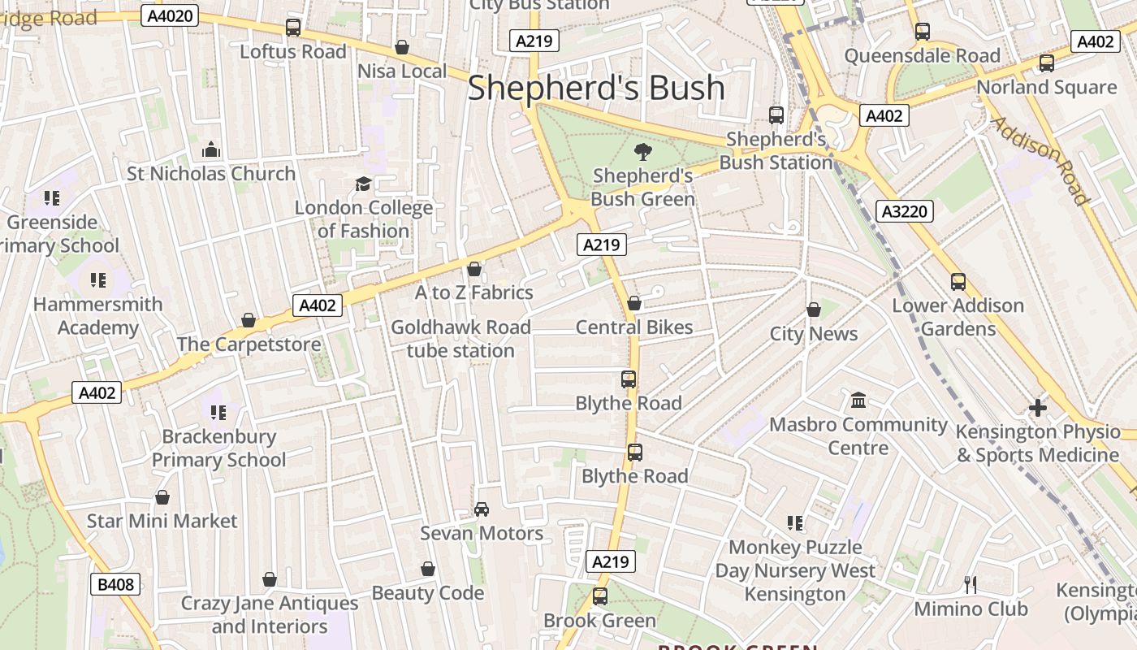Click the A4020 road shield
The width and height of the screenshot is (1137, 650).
(170, 15)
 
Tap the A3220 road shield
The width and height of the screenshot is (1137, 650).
(906, 212)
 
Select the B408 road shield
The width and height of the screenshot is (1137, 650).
(115, 584)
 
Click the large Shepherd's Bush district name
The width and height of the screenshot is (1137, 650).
(596, 88)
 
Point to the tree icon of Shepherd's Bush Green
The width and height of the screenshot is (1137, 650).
(642, 151)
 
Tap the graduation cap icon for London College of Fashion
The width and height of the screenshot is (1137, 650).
(363, 184)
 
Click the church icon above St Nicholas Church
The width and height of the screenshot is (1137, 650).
(211, 149)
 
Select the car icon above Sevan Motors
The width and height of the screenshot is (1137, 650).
(482, 509)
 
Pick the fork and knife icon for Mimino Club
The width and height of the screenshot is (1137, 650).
(970, 584)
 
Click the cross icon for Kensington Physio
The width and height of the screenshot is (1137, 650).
(1037, 408)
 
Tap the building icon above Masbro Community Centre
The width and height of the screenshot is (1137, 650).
(858, 401)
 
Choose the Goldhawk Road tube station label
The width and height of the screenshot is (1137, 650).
(460, 339)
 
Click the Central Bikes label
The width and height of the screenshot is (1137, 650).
(634, 327)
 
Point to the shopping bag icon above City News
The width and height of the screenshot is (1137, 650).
(814, 310)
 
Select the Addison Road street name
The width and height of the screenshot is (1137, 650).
(1040, 160)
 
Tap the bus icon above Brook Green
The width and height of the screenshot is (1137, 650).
(600, 596)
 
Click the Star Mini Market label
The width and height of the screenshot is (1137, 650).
(162, 521)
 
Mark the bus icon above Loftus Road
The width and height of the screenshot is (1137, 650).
(293, 28)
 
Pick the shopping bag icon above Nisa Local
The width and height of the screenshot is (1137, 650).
(402, 48)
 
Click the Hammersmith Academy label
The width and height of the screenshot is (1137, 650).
(98, 316)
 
